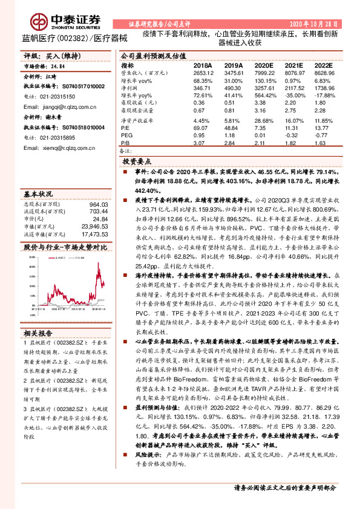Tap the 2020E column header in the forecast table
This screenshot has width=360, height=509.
pyautogui.click(x=264, y=65)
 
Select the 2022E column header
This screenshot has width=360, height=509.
pyautogui.click(x=323, y=65)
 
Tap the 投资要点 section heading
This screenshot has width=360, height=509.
pyautogui.click(x=137, y=162)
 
